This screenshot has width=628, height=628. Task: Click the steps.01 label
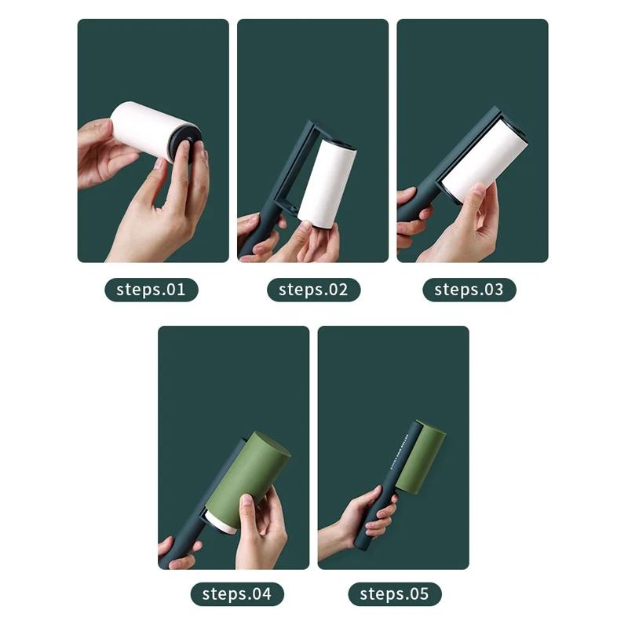151,290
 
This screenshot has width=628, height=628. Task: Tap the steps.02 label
312,290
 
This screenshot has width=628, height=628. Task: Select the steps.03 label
469,290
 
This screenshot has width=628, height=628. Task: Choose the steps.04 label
236,593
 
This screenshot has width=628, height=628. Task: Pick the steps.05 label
395,593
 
